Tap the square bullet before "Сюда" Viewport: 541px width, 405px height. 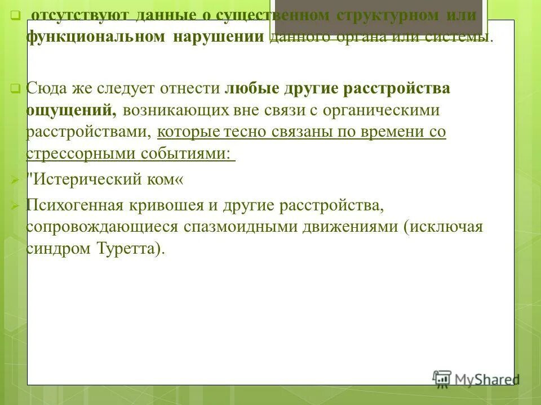[15, 88]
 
